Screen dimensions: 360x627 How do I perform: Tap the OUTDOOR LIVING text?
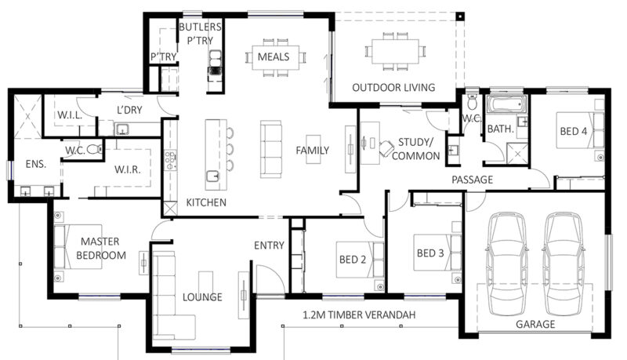pos(393,87)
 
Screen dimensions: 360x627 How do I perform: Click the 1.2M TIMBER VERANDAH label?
pos(358,315)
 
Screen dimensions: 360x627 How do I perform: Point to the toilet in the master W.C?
pos(92,149)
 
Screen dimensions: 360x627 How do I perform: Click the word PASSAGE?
pos(472,180)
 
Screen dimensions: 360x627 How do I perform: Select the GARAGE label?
pos(535,324)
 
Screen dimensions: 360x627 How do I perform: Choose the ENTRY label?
pos(269,245)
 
